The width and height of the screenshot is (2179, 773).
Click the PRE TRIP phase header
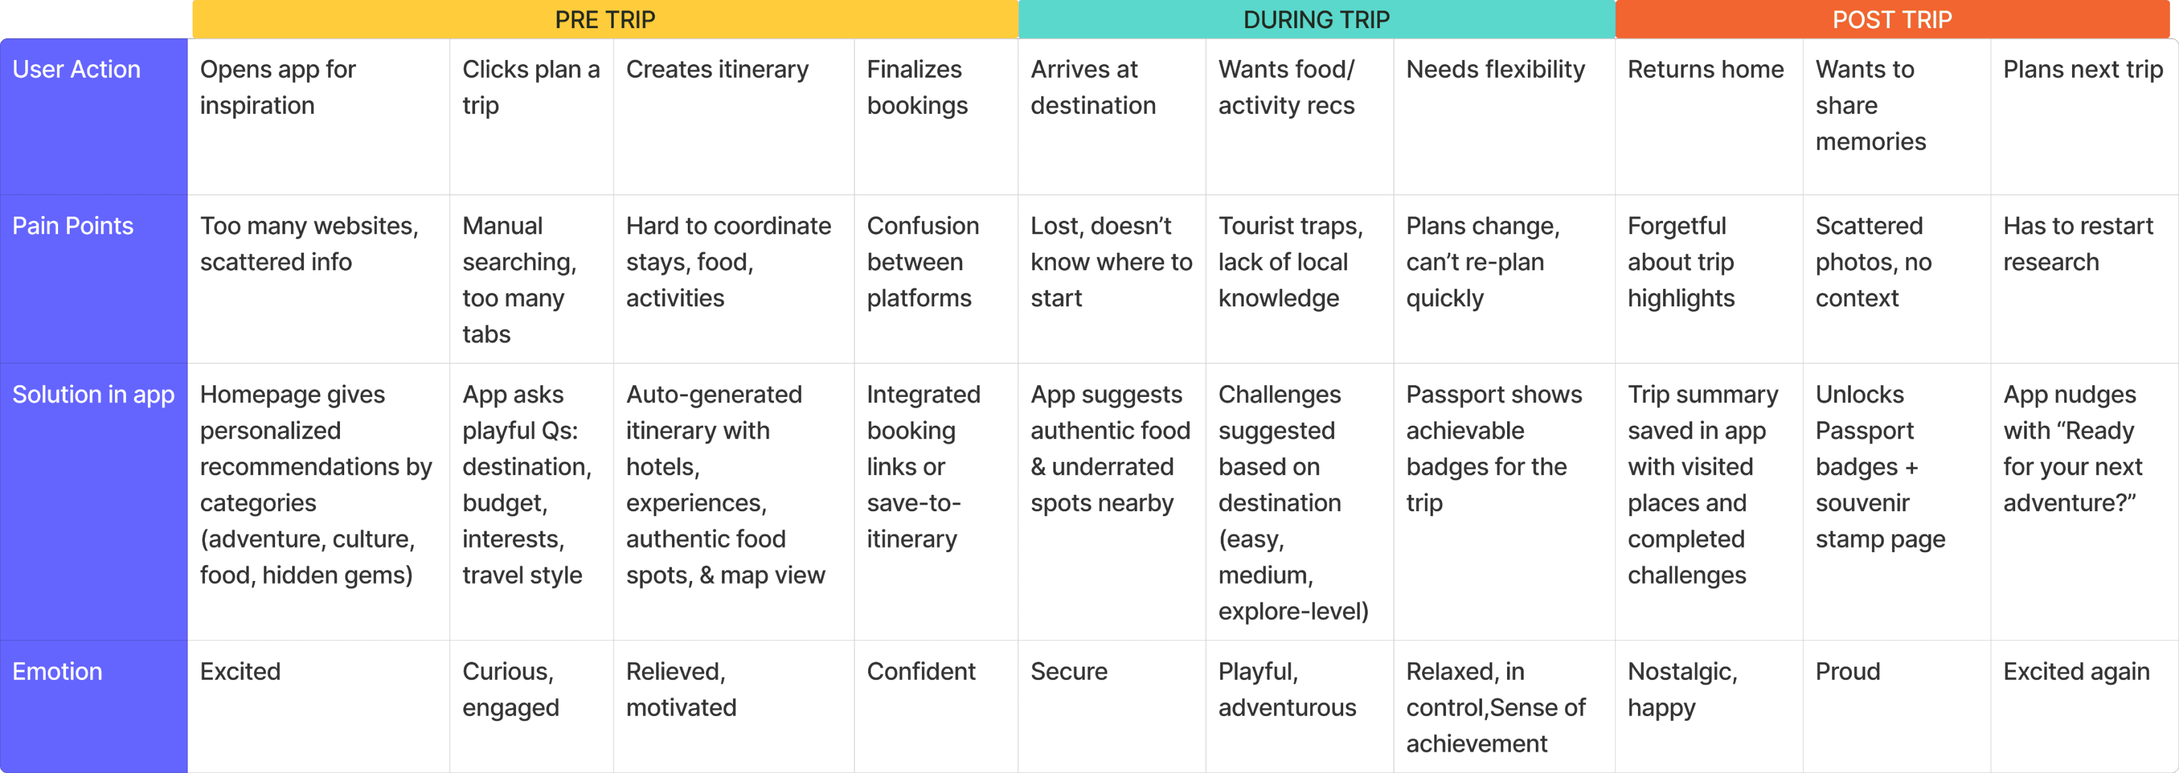tap(605, 20)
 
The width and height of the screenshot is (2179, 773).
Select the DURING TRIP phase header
tap(1316, 20)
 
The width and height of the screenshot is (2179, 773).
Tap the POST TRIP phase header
tap(1892, 20)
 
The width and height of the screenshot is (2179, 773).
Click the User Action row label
tap(76, 69)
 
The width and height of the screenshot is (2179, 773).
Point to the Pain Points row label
tap(73, 226)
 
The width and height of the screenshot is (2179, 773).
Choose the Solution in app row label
tap(93, 394)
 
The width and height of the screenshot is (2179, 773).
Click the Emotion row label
tap(57, 671)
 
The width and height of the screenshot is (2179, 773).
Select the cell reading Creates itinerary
tap(717, 69)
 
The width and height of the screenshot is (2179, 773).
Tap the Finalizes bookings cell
tap(917, 87)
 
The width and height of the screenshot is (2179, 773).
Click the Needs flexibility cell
tap(1495, 69)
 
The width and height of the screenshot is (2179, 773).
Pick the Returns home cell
tap(1705, 69)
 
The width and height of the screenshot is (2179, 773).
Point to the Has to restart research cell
tap(2078, 243)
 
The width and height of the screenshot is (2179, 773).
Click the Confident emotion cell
tap(921, 671)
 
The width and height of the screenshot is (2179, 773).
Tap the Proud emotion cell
tap(1848, 671)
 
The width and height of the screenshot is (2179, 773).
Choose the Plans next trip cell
tap(2082, 69)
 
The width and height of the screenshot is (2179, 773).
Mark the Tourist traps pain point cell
tap(1290, 261)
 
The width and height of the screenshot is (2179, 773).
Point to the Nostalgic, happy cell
tap(1683, 689)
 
